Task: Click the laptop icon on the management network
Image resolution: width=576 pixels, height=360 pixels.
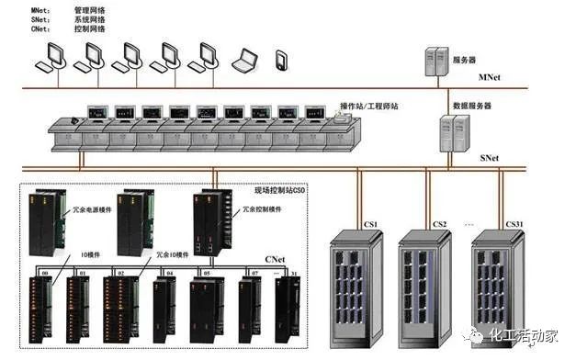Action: coord(243,61)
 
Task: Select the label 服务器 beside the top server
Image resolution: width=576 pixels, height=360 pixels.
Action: coord(465,60)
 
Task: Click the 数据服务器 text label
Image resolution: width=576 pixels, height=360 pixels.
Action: coord(471,106)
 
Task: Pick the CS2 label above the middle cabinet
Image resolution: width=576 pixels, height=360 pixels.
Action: coord(439,223)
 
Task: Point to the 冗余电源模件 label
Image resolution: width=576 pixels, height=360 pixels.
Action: coord(93,209)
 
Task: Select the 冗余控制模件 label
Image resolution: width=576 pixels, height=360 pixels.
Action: coord(262,209)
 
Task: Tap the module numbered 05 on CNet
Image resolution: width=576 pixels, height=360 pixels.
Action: coord(206,308)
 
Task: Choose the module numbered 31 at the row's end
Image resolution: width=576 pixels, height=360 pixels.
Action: coord(291,308)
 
